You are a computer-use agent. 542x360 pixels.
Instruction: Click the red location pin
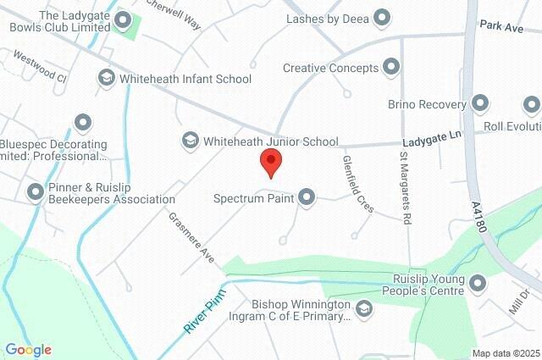(x=270, y=161)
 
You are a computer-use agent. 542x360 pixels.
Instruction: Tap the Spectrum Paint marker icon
(x=307, y=197)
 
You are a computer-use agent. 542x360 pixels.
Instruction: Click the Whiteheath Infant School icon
(x=107, y=78)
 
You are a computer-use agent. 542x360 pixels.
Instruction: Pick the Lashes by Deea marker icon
(x=382, y=16)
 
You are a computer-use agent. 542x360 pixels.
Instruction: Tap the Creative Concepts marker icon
(x=391, y=66)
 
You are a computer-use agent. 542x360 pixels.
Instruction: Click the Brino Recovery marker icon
(x=480, y=104)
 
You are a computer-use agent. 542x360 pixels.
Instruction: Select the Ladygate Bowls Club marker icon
(x=124, y=19)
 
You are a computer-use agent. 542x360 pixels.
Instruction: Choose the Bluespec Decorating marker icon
(x=82, y=124)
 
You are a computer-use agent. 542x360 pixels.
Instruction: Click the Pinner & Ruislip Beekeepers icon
(x=36, y=191)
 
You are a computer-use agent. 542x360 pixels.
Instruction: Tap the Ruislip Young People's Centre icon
(x=477, y=283)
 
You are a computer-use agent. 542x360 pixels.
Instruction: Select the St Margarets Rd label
(x=406, y=188)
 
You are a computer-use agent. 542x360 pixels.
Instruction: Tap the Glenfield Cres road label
(x=358, y=184)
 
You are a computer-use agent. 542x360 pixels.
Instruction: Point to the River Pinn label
(x=205, y=313)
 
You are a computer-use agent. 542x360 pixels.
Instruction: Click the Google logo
(x=29, y=349)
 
